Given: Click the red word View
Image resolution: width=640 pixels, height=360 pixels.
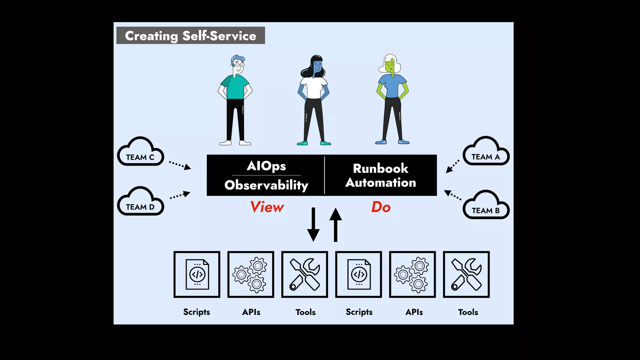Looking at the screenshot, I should click(267, 207).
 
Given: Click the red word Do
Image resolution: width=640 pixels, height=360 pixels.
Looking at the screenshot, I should click(381, 207).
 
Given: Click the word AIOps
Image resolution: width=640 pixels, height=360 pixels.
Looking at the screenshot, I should click(266, 166).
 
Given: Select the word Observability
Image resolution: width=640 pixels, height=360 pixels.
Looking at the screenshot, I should click(266, 185).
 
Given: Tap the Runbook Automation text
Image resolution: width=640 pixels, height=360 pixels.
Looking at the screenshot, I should click(381, 175).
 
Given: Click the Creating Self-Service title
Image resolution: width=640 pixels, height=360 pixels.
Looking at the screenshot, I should click(190, 36).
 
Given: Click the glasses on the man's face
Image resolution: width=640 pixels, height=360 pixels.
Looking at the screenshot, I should click(239, 65).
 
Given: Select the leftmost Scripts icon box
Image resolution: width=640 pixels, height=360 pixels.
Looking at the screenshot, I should click(197, 274).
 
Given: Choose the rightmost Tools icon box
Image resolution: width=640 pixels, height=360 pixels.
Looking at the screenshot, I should click(466, 274).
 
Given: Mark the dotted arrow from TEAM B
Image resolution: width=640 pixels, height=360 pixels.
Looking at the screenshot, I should click(453, 195).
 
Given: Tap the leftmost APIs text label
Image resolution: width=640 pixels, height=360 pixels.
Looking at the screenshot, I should click(251, 312).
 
